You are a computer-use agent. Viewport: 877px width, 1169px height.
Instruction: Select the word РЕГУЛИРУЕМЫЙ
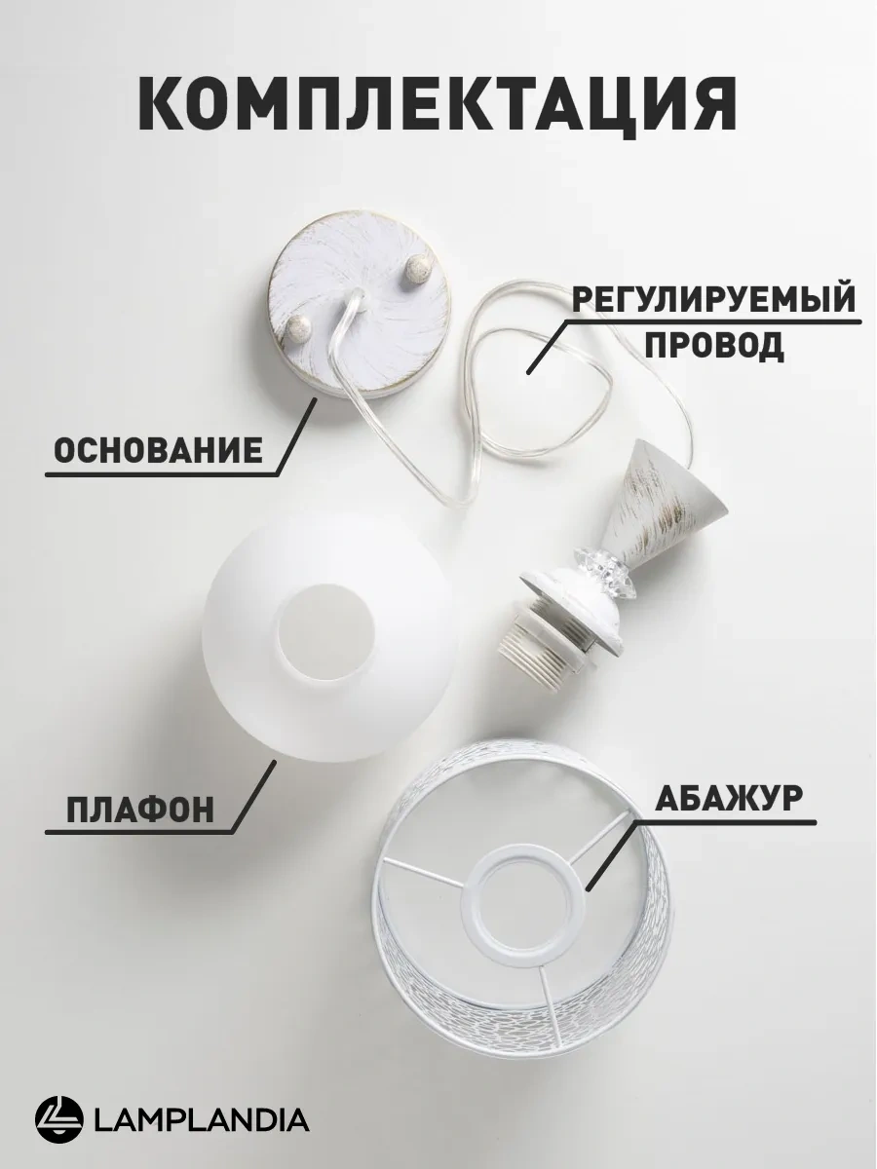(713, 299)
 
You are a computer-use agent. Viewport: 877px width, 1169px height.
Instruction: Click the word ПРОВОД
(714, 345)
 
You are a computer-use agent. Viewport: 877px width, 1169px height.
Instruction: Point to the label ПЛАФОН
(140, 808)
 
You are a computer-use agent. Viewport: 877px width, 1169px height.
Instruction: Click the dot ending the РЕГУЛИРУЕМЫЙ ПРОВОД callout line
(529, 372)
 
